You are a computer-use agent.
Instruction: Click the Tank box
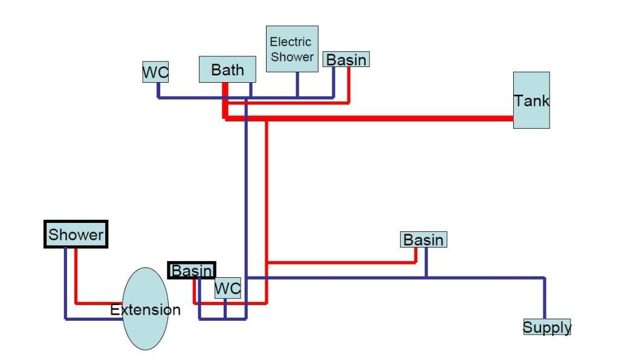(531, 100)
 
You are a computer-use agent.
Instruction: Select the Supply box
(546, 327)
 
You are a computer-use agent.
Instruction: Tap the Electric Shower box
(292, 49)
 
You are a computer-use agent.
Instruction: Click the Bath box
(227, 69)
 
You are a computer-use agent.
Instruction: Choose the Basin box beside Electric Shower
(346, 59)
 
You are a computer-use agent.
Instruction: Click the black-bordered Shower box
(76, 234)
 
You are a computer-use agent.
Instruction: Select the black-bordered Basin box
(192, 271)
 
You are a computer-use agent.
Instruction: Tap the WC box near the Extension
(228, 289)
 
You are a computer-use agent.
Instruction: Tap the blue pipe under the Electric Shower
(297, 85)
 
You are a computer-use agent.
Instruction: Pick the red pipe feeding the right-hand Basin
(342, 263)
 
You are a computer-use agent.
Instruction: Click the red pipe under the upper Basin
(349, 85)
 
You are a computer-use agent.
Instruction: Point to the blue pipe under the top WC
(158, 90)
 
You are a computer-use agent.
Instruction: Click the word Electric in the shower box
(290, 42)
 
